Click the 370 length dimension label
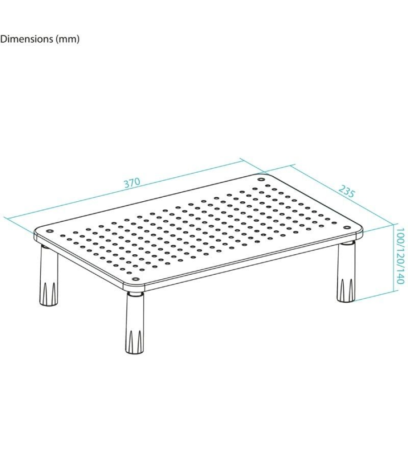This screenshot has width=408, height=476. point(132,183)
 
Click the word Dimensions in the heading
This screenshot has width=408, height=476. point(26,39)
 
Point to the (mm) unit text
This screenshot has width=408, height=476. point(67,39)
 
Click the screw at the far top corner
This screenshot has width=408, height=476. point(261,180)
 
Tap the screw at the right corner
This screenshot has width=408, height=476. point(347,228)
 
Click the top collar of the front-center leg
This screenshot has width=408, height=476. point(135,294)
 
